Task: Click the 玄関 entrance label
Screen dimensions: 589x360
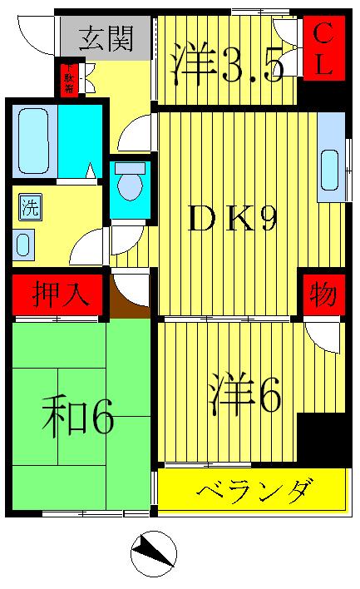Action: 106,38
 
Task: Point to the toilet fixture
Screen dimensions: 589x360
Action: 129,184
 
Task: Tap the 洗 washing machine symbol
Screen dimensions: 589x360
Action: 29,207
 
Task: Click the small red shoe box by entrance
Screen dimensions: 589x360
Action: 69,78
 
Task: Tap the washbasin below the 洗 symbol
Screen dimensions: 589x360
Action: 24,245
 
